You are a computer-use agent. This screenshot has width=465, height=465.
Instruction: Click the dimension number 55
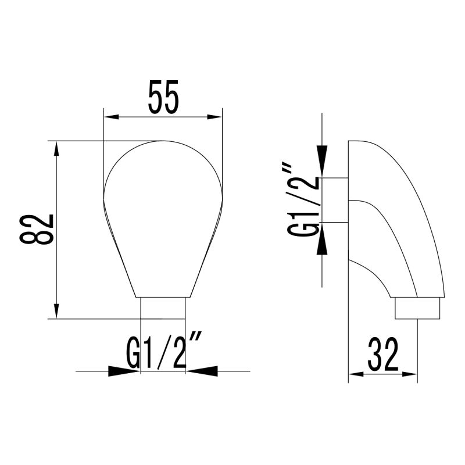[163, 98]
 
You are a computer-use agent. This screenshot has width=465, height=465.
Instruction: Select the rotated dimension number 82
[37, 230]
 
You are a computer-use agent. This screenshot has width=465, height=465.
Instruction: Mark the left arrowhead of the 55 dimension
[111, 117]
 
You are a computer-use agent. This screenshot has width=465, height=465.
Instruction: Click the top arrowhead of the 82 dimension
[56, 148]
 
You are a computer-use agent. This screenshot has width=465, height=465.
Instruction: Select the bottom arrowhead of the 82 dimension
[56, 310]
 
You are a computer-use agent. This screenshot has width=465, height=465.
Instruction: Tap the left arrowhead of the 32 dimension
[356, 374]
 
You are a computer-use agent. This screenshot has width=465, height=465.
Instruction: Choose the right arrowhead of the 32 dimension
[410, 374]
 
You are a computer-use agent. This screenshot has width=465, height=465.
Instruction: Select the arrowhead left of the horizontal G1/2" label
[125, 370]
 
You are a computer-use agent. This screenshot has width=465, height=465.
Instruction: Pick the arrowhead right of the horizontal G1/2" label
[201, 370]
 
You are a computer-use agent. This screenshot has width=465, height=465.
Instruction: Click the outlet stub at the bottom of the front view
[163, 308]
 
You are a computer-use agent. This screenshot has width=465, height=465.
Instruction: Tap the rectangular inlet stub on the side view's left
[335, 199]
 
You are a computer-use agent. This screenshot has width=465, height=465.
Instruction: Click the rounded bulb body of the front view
[163, 215]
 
